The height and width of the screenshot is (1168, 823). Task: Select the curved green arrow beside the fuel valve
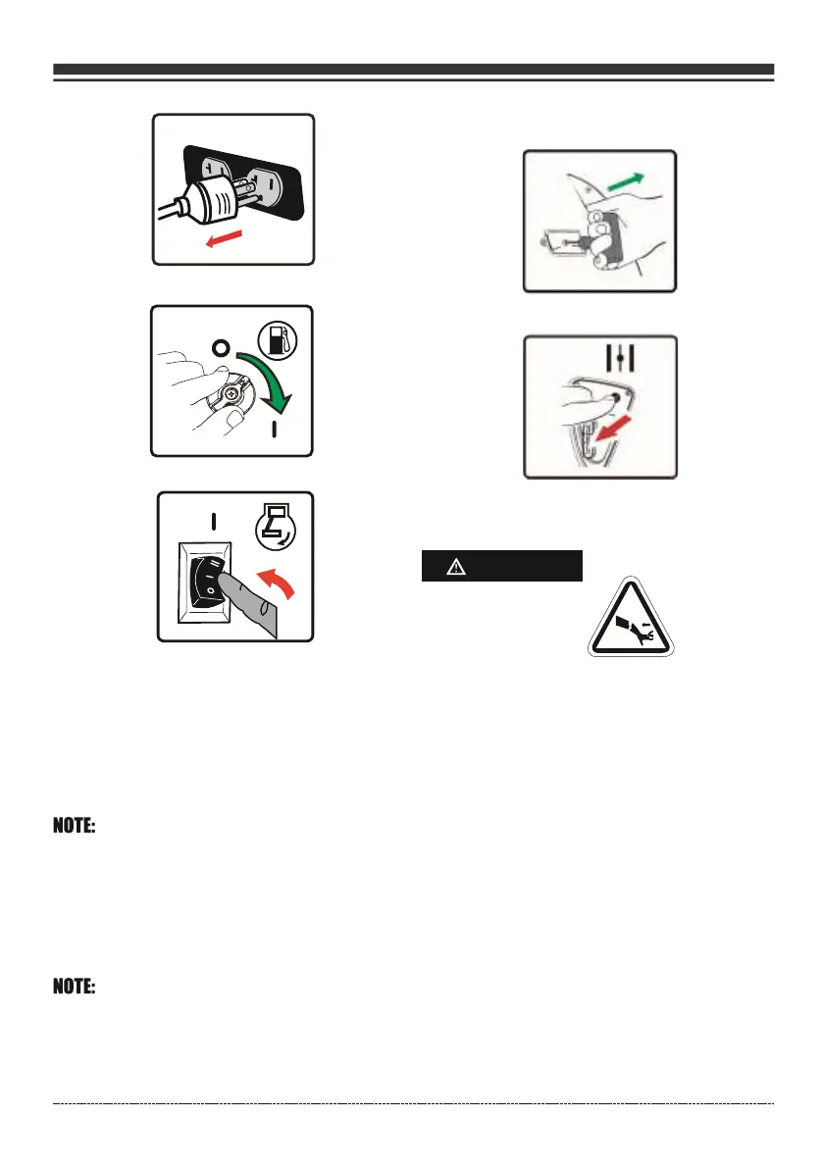(264, 378)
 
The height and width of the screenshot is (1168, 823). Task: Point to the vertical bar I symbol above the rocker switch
(213, 519)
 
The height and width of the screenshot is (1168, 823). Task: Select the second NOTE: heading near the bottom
(74, 989)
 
